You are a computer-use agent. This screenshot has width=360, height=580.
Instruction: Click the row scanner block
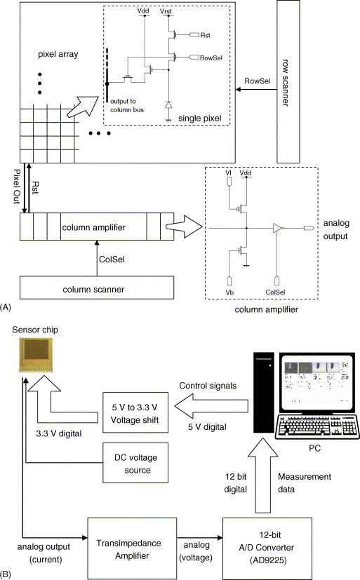tap(288, 81)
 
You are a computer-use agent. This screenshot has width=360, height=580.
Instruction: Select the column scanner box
tap(97, 288)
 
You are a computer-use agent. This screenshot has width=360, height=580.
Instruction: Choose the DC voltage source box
tap(135, 463)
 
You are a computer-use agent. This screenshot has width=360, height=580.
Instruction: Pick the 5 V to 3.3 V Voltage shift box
tap(135, 412)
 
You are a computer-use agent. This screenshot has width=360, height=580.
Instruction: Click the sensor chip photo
tap(36, 354)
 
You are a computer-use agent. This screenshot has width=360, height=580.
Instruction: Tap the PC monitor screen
tap(317, 383)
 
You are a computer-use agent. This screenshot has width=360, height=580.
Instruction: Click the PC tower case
tap(264, 392)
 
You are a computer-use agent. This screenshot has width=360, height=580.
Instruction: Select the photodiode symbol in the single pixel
tap(168, 104)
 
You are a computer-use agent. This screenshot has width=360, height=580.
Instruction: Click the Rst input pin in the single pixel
tap(194, 35)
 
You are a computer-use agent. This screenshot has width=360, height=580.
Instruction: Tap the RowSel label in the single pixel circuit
tap(211, 58)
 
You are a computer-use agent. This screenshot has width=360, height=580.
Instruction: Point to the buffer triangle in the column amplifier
tap(277, 228)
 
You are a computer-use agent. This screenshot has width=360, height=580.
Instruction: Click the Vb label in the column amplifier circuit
tap(229, 292)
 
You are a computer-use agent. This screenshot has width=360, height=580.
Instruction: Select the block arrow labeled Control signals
tap(211, 406)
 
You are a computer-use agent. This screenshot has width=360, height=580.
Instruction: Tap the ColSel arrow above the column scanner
tap(97, 258)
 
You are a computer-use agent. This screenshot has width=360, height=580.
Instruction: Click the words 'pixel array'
tap(58, 54)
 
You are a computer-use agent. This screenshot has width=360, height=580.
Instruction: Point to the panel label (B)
tap(6, 574)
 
